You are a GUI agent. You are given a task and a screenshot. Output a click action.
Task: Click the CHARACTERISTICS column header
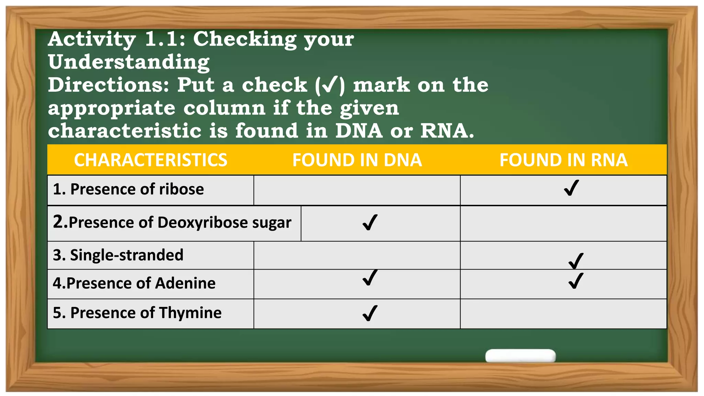tap(151, 160)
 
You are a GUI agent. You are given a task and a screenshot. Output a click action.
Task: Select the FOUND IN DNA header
tap(357, 160)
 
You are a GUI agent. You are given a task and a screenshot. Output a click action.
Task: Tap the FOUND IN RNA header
tap(563, 160)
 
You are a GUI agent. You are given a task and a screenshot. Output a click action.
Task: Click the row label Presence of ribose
tap(128, 189)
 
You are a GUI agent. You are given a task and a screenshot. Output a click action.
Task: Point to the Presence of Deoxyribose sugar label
tap(172, 222)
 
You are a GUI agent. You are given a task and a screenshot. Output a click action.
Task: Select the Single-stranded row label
tap(118, 255)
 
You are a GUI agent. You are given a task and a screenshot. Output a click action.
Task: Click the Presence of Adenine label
tap(134, 283)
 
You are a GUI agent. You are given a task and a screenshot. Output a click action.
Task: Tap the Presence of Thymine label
tap(137, 313)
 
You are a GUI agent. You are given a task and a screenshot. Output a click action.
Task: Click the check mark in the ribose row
tap(571, 188)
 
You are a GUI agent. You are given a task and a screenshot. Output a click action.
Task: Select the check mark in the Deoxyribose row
tap(370, 222)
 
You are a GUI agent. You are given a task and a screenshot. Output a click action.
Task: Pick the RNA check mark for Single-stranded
tap(576, 261)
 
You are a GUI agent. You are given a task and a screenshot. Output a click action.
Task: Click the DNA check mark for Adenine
tap(370, 278)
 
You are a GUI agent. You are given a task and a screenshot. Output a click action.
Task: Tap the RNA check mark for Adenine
tap(576, 281)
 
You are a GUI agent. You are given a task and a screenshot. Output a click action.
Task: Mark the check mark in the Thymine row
tap(370, 313)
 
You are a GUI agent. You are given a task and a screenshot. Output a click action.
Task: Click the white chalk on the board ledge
tap(520, 355)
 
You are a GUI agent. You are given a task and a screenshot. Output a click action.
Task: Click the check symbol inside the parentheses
tap(329, 85)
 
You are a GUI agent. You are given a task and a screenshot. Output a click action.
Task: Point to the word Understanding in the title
tap(129, 62)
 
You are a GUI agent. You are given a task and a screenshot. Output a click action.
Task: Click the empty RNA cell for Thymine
tap(563, 314)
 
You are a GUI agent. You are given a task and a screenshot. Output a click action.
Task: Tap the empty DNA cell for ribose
tap(357, 190)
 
